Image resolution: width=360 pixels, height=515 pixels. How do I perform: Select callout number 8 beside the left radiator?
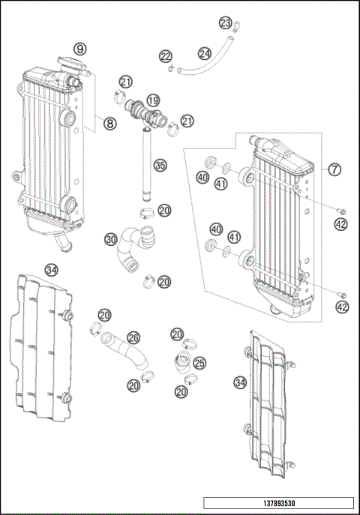(x=109, y=124)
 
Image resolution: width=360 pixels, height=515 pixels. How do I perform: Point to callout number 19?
(x=152, y=100)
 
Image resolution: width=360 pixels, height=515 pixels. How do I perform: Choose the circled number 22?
(x=165, y=56)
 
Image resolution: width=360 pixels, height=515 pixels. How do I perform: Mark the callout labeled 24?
(x=205, y=53)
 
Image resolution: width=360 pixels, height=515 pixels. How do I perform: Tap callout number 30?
(x=111, y=240)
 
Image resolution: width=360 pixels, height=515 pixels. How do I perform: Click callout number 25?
(x=199, y=363)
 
